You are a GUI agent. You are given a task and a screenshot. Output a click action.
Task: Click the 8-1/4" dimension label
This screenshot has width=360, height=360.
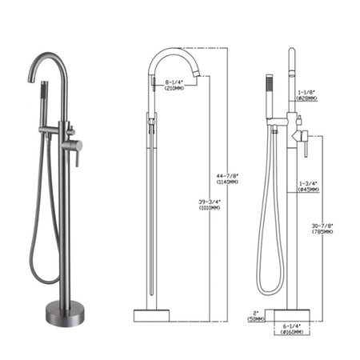pos(174,82)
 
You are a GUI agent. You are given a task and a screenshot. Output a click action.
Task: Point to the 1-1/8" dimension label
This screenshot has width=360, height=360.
pos(307,93)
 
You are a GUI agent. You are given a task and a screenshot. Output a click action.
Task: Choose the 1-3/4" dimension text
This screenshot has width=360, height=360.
pos(307,183)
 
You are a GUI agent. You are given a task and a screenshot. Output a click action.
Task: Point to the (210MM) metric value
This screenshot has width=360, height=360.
pos(174,88)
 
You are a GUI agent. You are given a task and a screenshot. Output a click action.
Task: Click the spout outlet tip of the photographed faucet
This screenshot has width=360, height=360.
pos(34,81)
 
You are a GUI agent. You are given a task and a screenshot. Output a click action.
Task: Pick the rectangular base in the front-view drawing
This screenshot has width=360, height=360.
pos(151,315)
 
